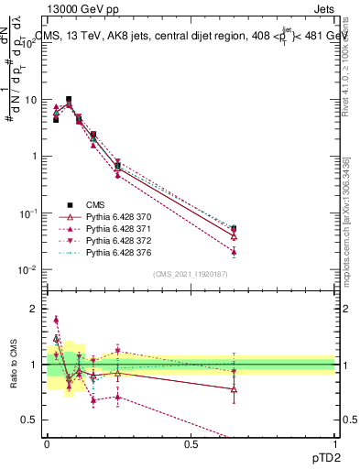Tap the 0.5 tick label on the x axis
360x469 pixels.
point(191,444)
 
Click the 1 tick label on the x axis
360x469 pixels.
point(334,444)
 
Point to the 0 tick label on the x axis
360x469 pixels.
point(47,444)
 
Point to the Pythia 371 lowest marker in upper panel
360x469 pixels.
point(235,251)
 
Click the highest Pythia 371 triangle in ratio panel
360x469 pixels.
point(56,320)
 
